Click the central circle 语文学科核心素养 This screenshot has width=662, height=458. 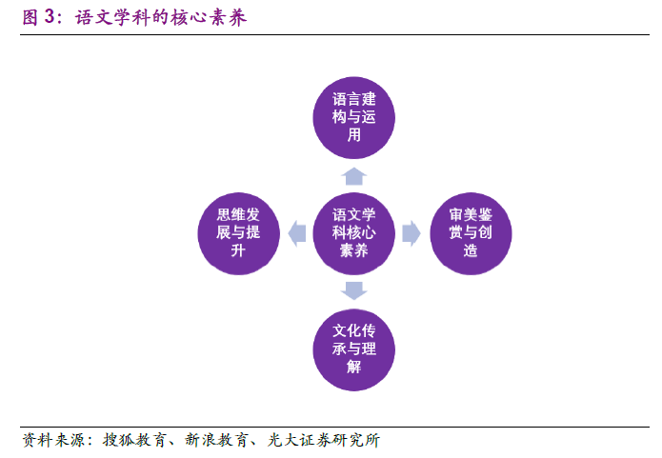click(x=354, y=232)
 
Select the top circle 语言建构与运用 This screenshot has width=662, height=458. click(x=354, y=117)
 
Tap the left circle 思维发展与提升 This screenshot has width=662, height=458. click(x=238, y=232)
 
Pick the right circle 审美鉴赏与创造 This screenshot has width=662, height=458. click(x=471, y=232)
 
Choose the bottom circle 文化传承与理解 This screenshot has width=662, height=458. click(x=354, y=349)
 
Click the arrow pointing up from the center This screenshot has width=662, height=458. click(x=354, y=174)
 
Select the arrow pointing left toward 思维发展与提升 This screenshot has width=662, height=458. click(x=296, y=231)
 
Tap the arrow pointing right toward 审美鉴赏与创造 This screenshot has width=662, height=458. click(x=411, y=232)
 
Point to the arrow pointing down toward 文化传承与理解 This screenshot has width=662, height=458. click(x=354, y=290)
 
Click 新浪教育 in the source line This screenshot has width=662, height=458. click(x=219, y=440)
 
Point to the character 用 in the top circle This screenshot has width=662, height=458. click(x=354, y=135)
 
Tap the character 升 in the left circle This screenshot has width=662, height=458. click(x=238, y=250)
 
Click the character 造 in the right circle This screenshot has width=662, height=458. click(x=471, y=250)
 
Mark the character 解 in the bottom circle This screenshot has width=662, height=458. click(x=354, y=368)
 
